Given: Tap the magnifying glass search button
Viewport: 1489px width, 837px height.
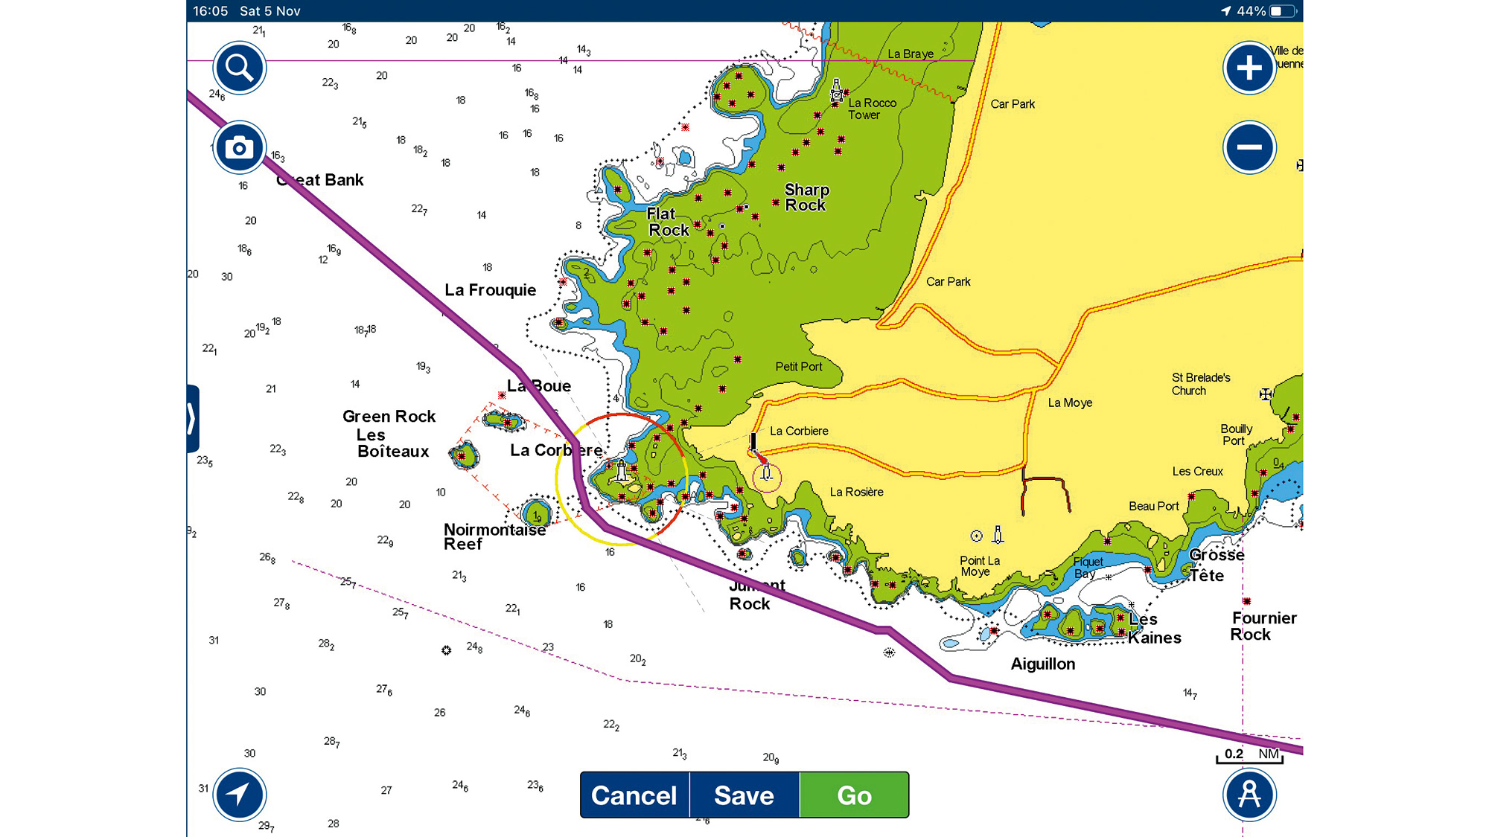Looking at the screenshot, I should [239, 68].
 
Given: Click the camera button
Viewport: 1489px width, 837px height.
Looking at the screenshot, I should [239, 147].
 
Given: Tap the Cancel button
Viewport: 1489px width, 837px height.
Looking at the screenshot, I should [634, 795].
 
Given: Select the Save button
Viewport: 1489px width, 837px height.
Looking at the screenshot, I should [744, 795].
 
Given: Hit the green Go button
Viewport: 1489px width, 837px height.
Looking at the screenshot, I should [854, 795].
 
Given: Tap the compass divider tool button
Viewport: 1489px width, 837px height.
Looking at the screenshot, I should [1249, 795].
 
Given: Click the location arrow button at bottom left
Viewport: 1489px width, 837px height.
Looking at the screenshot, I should [239, 795].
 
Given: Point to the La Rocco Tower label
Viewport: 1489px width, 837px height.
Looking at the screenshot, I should [872, 109].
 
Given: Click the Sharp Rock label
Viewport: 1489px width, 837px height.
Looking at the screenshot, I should [806, 197].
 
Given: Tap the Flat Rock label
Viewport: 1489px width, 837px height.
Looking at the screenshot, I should [667, 222].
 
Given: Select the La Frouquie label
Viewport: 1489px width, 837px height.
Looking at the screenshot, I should [490, 290].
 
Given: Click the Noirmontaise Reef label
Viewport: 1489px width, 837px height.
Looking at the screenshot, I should [494, 536].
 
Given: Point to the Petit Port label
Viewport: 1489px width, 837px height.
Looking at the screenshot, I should [798, 367].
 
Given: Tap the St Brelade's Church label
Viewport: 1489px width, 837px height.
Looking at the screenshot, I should [1200, 384].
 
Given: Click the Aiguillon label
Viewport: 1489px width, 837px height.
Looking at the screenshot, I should [1042, 664].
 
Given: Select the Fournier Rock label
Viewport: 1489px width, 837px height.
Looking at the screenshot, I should [1263, 626].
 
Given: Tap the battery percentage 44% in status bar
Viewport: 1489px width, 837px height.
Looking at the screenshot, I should [1251, 11].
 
